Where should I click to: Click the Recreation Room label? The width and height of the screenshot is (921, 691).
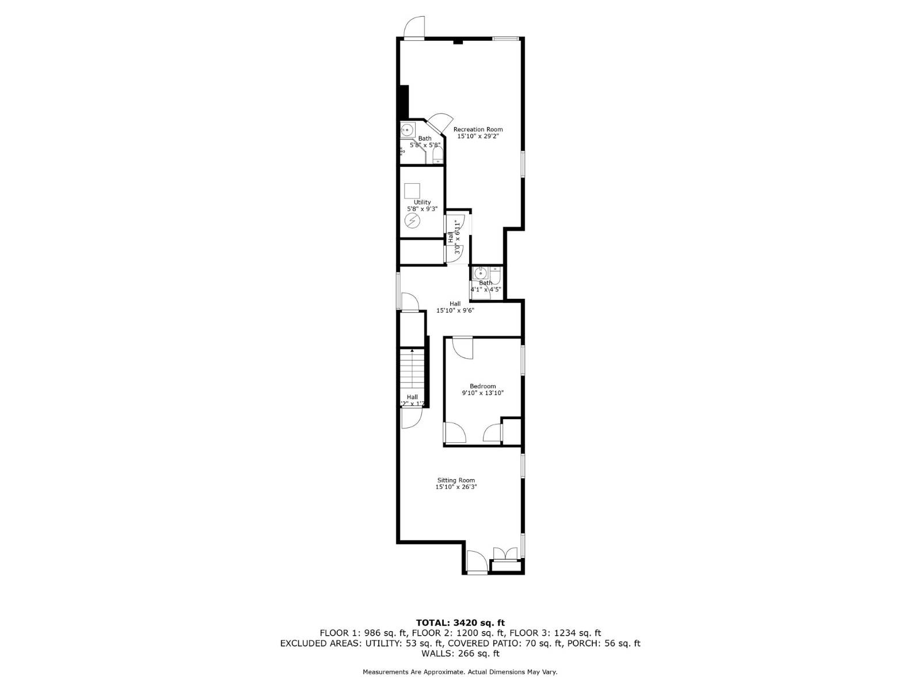[x=478, y=130]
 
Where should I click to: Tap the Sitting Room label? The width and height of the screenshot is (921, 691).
[x=456, y=480]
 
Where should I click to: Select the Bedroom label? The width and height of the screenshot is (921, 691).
[x=482, y=386]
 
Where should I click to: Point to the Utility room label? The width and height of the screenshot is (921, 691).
[x=422, y=202]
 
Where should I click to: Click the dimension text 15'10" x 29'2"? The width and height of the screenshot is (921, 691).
[x=478, y=137]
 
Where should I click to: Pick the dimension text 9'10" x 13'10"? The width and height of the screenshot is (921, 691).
[x=482, y=393]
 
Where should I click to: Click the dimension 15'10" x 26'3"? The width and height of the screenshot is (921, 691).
[x=456, y=487]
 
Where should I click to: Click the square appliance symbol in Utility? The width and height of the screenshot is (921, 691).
[x=412, y=191]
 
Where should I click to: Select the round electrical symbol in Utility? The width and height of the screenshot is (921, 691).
[x=412, y=221]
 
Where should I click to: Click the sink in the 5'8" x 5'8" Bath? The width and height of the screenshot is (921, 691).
[x=406, y=129]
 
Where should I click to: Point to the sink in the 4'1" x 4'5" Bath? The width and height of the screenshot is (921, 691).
[x=479, y=273]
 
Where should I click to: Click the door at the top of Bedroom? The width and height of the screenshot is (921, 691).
[x=462, y=347]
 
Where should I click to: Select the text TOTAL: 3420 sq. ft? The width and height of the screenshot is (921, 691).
[x=460, y=622]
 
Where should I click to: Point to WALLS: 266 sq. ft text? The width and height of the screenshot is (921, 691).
[x=460, y=654]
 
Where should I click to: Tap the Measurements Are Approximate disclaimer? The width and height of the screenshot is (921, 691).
[x=460, y=672]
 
